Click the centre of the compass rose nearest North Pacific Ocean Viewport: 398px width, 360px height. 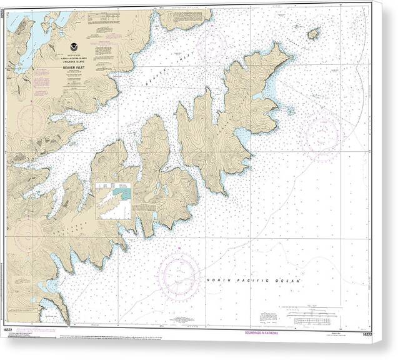[179, 275]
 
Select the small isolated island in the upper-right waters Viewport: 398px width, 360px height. [313, 33]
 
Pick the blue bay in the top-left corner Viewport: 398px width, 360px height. [41, 34]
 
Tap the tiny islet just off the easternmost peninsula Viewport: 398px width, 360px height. [290, 111]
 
